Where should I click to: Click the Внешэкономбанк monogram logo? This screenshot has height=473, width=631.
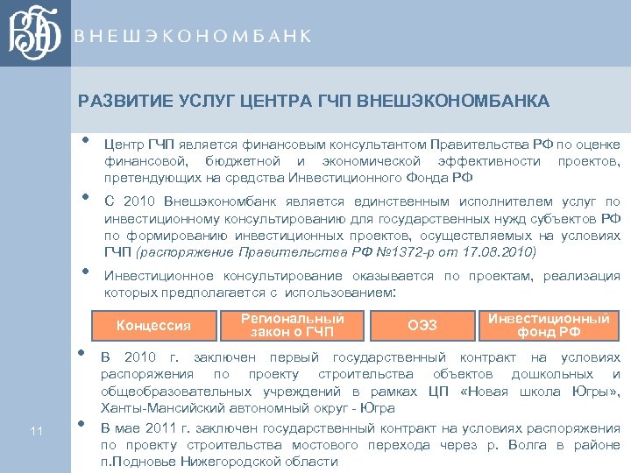point(36,35)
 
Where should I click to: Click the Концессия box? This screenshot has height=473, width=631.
point(153,326)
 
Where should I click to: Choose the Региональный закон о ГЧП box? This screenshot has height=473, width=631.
point(292,325)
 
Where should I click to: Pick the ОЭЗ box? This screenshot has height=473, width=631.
point(422,326)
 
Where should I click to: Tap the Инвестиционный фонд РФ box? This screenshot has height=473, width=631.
point(549,325)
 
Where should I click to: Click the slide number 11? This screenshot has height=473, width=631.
point(36,429)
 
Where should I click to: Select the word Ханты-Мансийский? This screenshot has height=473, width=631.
point(157,408)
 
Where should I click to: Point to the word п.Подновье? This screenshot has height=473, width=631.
point(135,462)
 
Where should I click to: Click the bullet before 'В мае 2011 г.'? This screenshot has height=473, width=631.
point(81,424)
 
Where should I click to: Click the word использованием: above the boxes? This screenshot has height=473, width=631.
point(344,293)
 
